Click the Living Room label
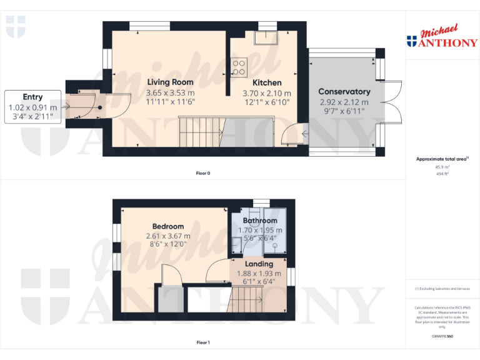point(170,82)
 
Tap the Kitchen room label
point(267,82)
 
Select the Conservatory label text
point(344,91)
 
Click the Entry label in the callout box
point(32,97)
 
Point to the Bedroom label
point(168,226)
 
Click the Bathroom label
point(260,221)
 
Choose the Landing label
point(259,264)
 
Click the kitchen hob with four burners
point(239,66)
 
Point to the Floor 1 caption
point(203,342)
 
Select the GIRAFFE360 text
point(442,336)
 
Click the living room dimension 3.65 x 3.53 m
point(170,92)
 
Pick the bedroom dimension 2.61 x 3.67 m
point(168,236)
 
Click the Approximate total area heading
point(441,159)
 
